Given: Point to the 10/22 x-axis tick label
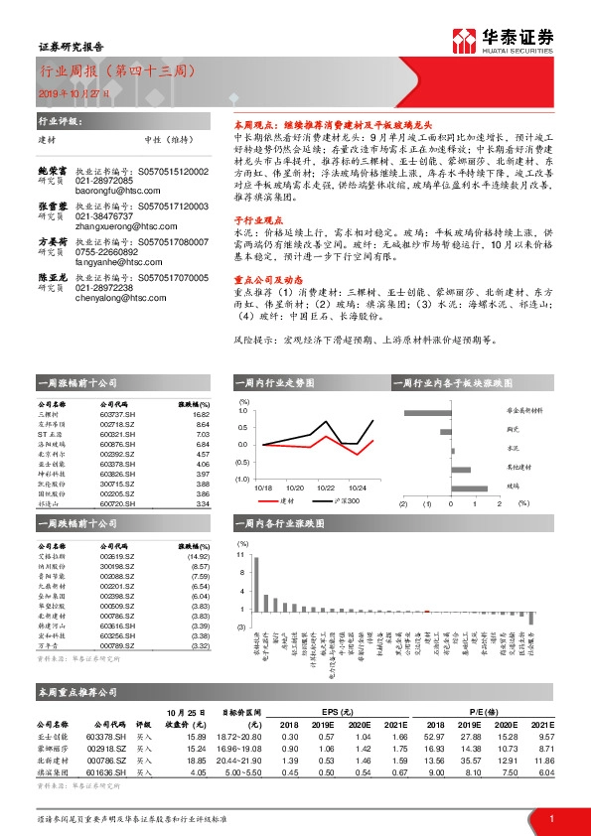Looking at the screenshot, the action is (327, 488).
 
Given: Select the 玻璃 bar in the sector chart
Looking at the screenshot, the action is (469, 487).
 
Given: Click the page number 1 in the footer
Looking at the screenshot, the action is (551, 819).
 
